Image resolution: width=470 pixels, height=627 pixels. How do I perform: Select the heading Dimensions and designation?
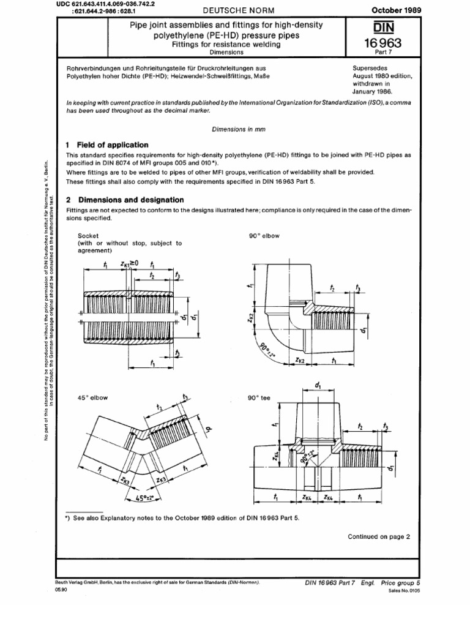[x=129, y=200]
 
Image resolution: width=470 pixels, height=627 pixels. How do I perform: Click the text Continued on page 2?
[x=379, y=536]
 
